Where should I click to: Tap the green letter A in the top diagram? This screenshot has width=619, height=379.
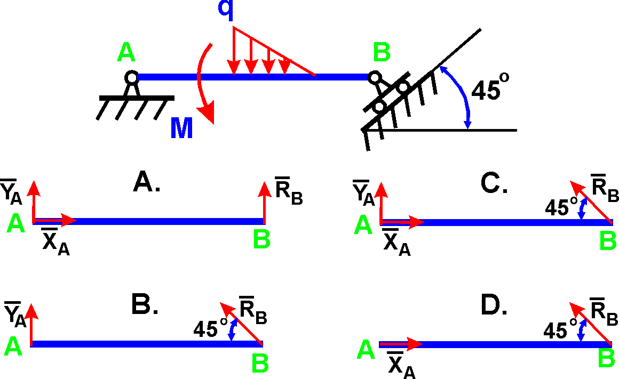point(126,53)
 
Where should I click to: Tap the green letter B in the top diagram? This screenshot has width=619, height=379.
point(382,53)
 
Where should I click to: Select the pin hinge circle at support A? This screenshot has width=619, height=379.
point(131,77)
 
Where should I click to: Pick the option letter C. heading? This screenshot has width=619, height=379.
point(493,183)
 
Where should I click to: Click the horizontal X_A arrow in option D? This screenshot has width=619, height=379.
point(401,344)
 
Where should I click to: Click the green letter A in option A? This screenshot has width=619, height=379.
point(15,224)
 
